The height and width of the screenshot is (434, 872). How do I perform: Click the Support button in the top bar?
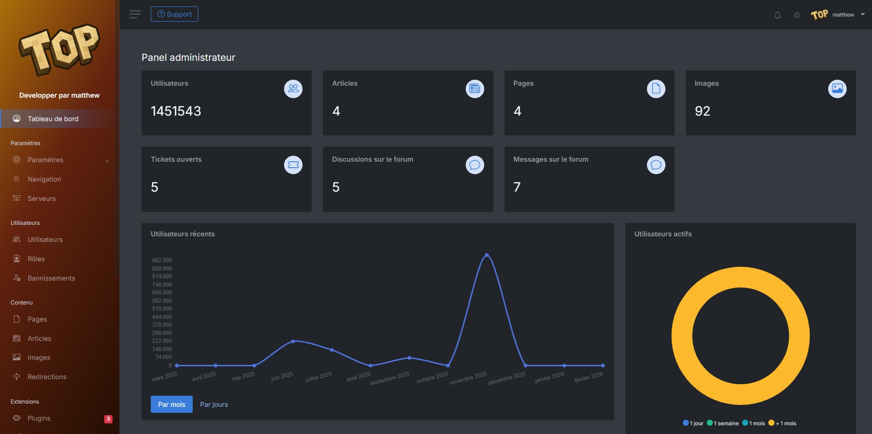pos(174,14)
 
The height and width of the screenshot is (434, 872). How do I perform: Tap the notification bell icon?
pos(777,15)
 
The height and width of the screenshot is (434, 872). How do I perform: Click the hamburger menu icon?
pos(135,14)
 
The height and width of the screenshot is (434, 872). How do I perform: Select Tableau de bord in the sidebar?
pos(53,119)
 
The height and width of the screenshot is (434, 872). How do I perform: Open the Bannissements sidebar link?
pos(51,278)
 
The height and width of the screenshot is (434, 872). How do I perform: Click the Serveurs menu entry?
pos(42,199)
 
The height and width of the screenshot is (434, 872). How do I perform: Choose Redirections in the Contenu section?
pos(47,377)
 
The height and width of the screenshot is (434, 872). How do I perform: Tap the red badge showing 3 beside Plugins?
pos(108,419)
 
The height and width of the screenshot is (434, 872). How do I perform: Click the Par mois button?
pos(172,405)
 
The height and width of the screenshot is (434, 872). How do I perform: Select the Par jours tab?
pos(214,405)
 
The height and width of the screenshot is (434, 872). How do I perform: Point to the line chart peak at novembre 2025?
pos(486,255)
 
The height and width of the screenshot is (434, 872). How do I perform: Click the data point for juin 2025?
pos(293,341)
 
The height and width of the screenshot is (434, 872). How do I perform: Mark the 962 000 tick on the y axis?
pos(162,260)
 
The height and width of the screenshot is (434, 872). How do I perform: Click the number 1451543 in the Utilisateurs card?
pos(176,111)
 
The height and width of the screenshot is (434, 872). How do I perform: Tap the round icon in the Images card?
pos(837,89)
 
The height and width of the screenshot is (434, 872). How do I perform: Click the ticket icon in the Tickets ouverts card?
pos(293,165)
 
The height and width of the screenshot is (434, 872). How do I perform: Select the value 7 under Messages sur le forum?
pos(517,187)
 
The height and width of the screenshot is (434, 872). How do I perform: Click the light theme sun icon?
pos(797,15)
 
